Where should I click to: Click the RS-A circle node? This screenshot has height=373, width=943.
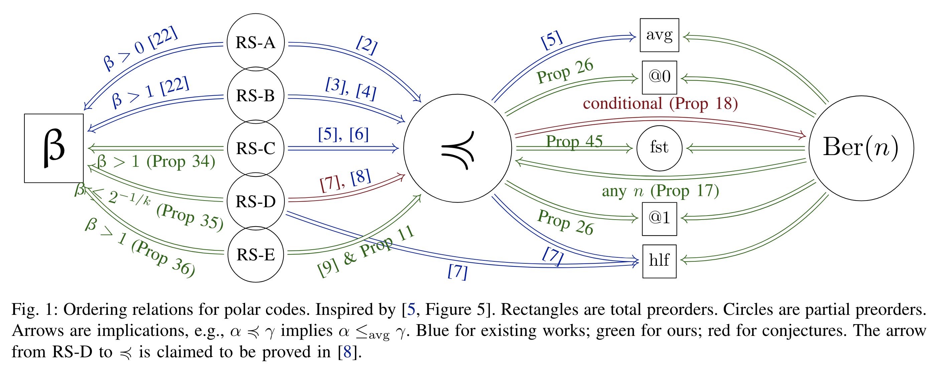[x=256, y=42]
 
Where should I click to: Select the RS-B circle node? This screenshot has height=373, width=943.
[x=256, y=95]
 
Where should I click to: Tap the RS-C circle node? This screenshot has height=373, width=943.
[x=256, y=148]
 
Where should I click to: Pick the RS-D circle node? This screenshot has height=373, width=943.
[x=256, y=201]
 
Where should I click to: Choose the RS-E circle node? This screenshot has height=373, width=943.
[x=256, y=254]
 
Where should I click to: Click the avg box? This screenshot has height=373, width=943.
[x=659, y=35]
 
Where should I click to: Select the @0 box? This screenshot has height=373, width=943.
[x=659, y=77]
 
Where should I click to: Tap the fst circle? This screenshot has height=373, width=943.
[x=659, y=148]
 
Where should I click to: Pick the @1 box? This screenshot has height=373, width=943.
[x=659, y=219]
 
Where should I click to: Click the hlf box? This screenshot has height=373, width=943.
[x=659, y=261]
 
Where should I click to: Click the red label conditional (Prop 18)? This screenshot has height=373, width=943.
[x=660, y=104]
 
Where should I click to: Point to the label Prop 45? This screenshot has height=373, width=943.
[x=574, y=141]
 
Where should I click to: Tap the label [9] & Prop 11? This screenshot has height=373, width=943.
[x=365, y=252]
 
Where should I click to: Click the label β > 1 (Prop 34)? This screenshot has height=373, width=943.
[x=156, y=161]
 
